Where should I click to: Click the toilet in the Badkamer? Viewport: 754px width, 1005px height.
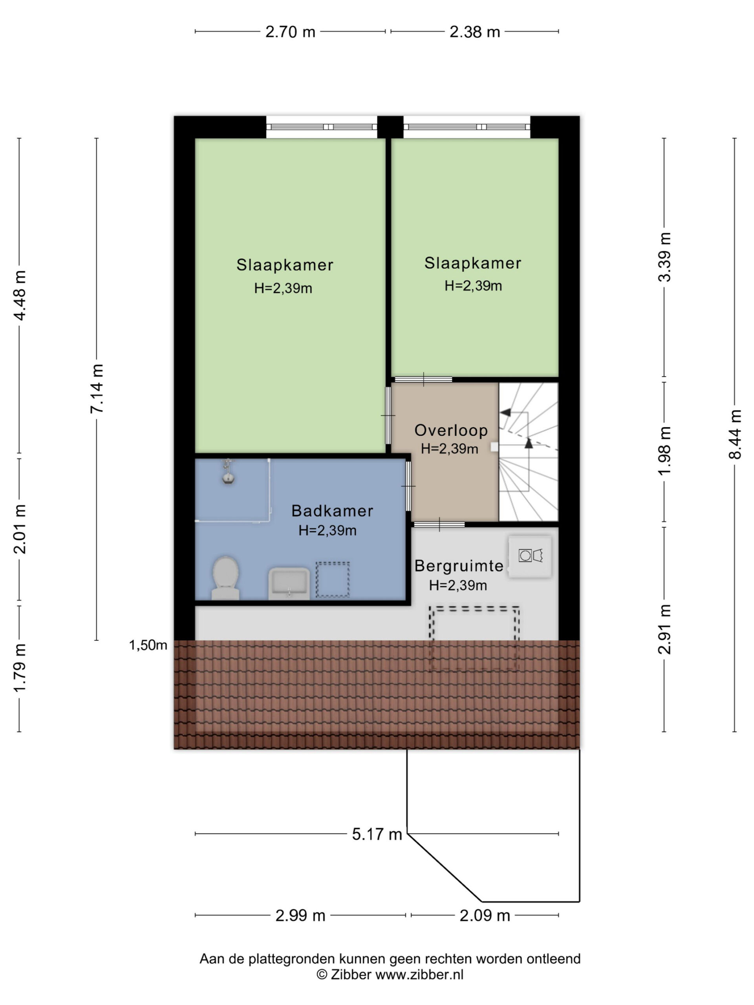(x=225, y=578)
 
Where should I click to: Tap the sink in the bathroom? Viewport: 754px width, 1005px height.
(x=289, y=583)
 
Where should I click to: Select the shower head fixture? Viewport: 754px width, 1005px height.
(x=228, y=471)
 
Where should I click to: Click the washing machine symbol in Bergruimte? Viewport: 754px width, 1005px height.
(x=530, y=557)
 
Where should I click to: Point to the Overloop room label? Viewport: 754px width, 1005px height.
(x=451, y=430)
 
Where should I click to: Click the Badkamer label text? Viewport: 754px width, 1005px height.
(x=332, y=511)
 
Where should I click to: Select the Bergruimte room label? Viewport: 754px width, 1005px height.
(x=459, y=566)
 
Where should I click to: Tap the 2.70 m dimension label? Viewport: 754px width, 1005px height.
(x=290, y=32)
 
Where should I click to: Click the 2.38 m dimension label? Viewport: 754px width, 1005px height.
(x=474, y=32)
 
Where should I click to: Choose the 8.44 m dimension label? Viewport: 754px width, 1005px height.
(x=735, y=434)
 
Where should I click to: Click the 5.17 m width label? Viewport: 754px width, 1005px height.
(x=377, y=834)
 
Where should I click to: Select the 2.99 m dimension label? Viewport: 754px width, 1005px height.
(x=300, y=915)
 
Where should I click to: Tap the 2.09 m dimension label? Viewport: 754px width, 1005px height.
(x=485, y=915)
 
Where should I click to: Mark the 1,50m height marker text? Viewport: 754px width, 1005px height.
(x=148, y=645)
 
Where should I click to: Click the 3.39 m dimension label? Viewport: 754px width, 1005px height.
(x=664, y=257)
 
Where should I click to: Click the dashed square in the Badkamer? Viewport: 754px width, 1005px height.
(x=333, y=579)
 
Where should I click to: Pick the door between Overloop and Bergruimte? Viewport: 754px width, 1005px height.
(x=439, y=524)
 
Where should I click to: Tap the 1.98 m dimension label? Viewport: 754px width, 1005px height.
(x=664, y=451)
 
